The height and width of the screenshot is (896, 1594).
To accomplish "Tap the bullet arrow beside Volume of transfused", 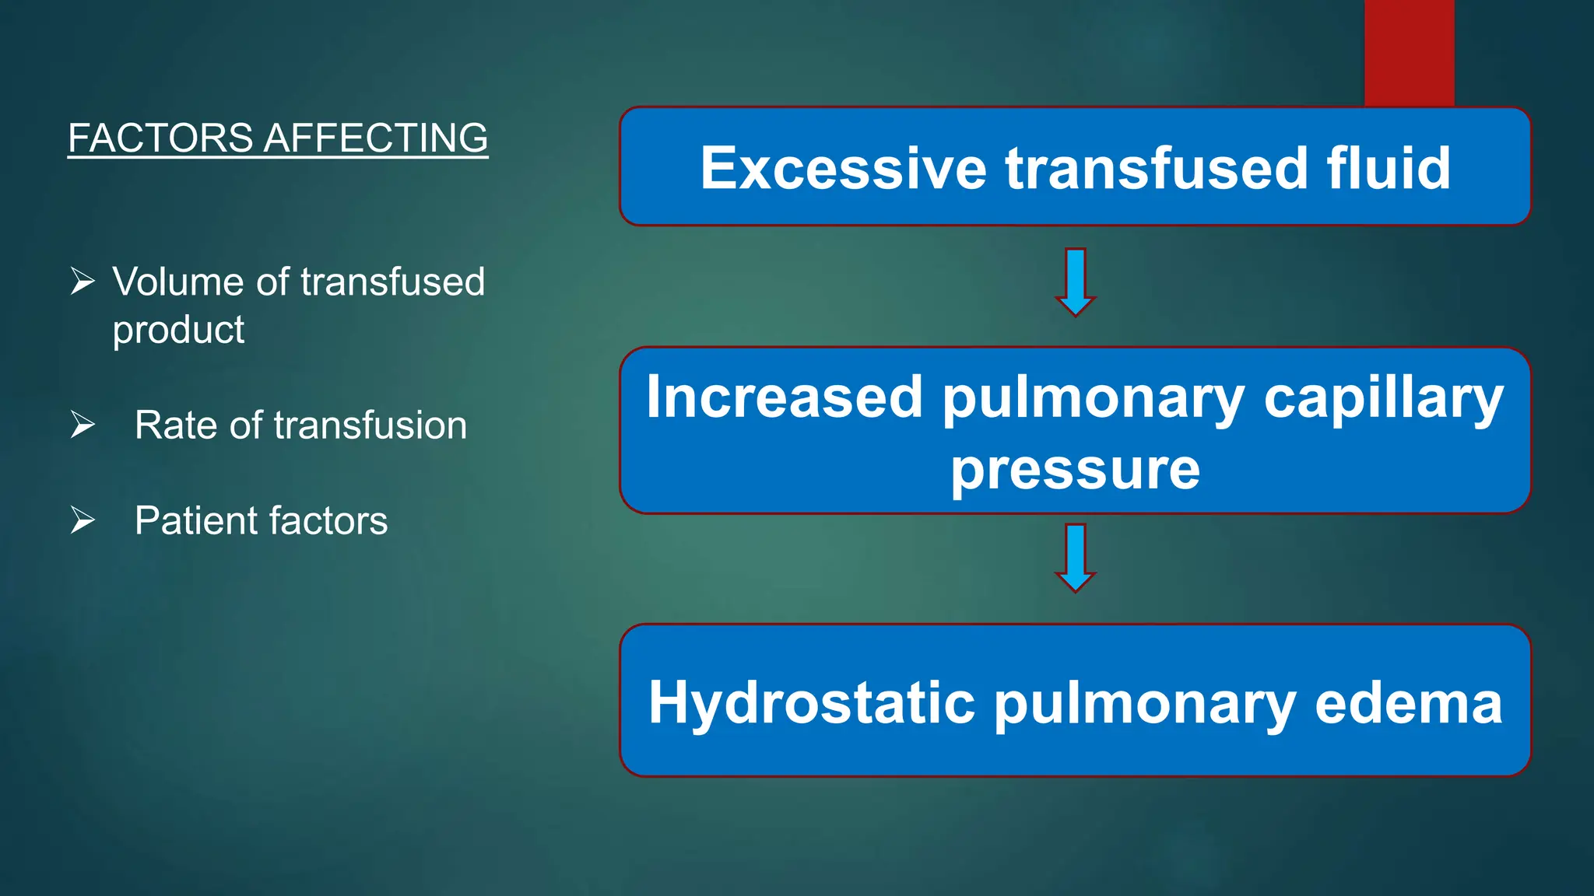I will coord(83,281).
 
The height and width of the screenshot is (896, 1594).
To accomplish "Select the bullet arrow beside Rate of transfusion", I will coord(83,425).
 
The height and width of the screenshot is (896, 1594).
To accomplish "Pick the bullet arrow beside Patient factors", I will coord(83,520).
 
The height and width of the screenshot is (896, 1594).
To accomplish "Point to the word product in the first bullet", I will coord(178,330).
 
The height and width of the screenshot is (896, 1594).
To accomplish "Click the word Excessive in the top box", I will coord(843,168).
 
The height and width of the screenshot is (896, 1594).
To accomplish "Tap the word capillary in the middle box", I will coord(1383,398).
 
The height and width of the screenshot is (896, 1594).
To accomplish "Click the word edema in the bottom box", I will coord(1408,702).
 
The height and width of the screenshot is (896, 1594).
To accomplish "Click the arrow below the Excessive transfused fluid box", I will coord(1075,282).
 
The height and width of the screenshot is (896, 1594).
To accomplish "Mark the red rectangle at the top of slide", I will coord(1409,52).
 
